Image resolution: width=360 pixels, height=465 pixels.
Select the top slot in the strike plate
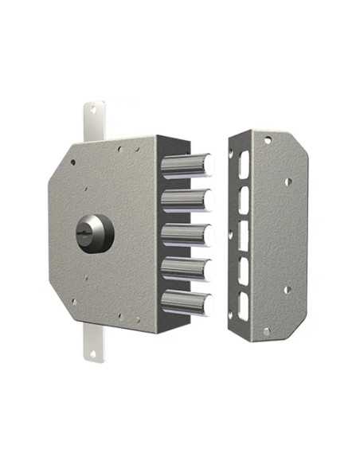244,164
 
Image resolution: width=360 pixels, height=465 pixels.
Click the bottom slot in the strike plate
244,303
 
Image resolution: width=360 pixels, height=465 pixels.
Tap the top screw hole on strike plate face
267,141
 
